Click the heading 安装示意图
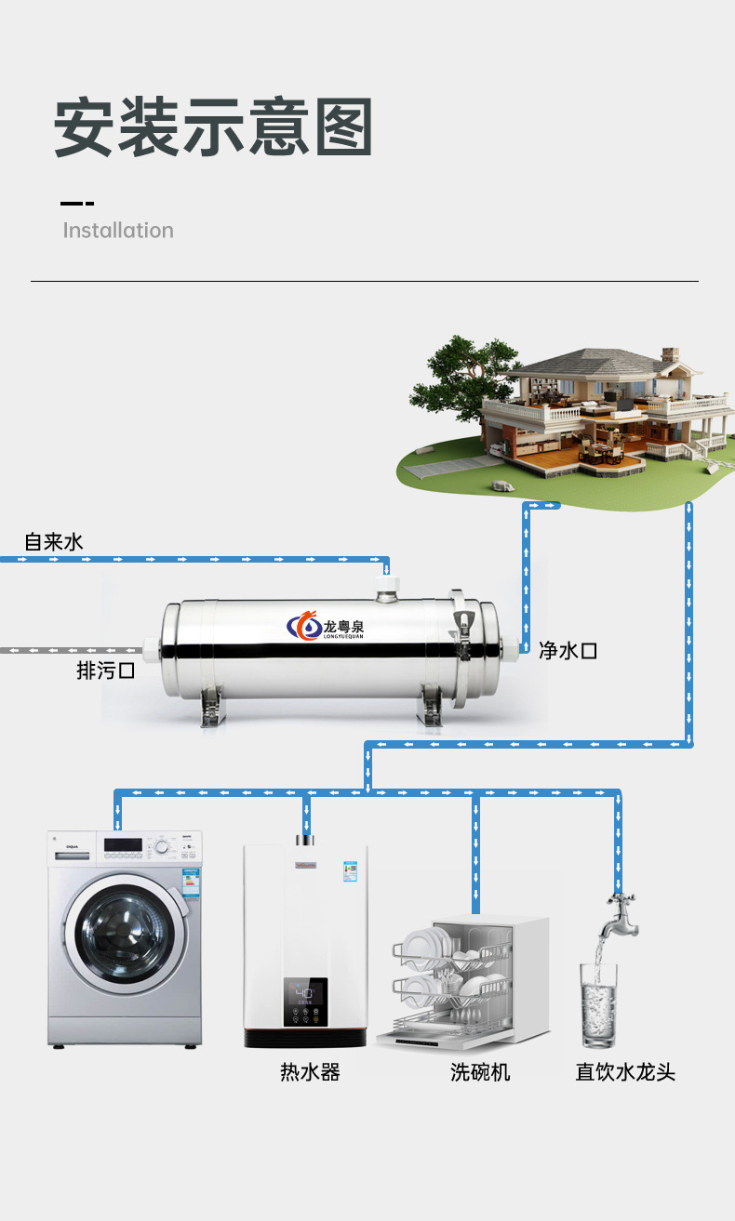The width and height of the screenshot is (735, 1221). tap(213, 127)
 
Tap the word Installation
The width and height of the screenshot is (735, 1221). tap(118, 231)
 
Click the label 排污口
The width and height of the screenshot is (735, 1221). tap(105, 670)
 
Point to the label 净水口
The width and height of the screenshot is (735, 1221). tap(568, 651)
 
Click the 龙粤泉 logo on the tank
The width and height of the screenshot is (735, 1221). tap(326, 627)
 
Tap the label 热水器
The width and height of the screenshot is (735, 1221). tap(310, 1072)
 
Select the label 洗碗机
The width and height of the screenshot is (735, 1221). tap(480, 1072)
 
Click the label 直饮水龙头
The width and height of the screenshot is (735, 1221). tap(625, 1072)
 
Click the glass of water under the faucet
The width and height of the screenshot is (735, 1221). tap(598, 1004)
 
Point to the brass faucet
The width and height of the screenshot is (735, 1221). tap(618, 910)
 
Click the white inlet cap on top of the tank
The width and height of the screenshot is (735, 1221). tap(389, 588)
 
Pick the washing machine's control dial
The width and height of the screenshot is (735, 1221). tap(163, 847)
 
